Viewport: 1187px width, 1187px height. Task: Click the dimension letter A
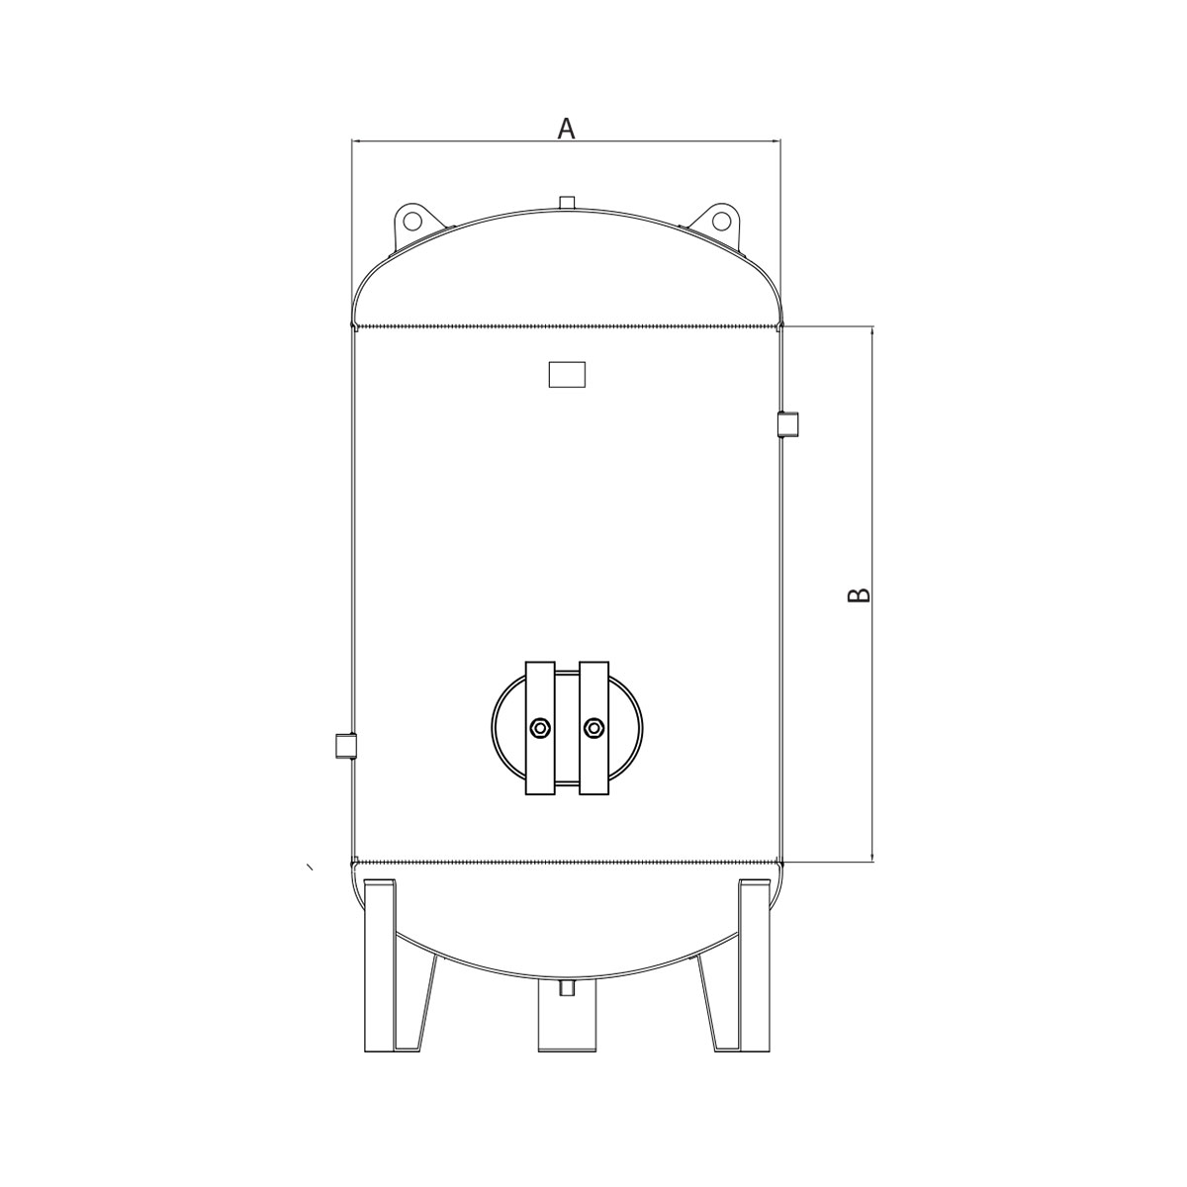pyautogui.click(x=566, y=129)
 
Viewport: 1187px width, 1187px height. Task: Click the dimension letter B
pyautogui.click(x=860, y=594)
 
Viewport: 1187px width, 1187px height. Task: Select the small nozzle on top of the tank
pyautogui.click(x=566, y=203)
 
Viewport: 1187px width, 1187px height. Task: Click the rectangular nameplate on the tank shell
pyautogui.click(x=567, y=375)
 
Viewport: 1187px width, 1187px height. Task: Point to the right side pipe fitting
pyautogui.click(x=787, y=423)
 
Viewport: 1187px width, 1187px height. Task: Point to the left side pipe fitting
pyautogui.click(x=345, y=746)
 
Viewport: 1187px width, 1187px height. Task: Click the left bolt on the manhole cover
pyautogui.click(x=540, y=728)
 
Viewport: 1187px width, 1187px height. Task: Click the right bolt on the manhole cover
pyautogui.click(x=593, y=728)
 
